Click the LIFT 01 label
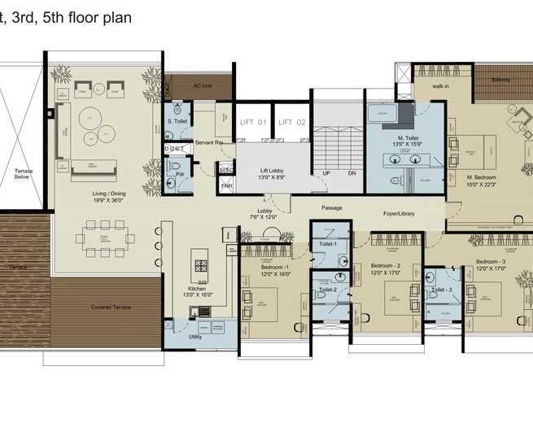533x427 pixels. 252,122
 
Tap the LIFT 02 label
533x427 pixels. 291,122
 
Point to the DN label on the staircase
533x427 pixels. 352,173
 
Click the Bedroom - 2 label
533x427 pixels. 385,266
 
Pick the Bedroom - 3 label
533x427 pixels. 491,262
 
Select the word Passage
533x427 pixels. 331,208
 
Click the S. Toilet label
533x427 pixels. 177,121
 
